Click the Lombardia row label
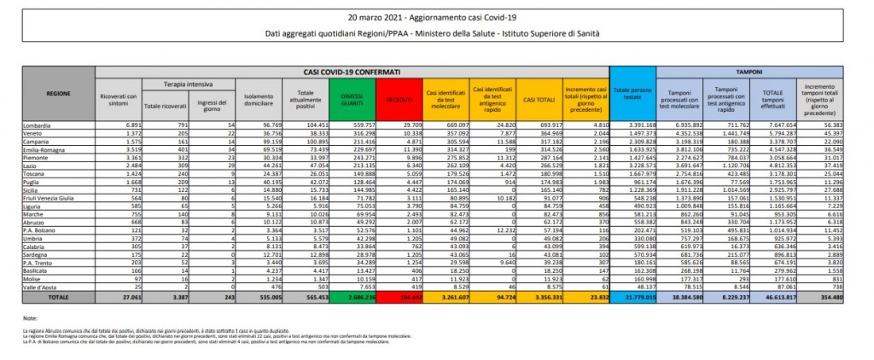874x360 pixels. click(38, 125)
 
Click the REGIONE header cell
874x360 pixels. click(59, 92)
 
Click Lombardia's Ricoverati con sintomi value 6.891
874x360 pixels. click(126, 125)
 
